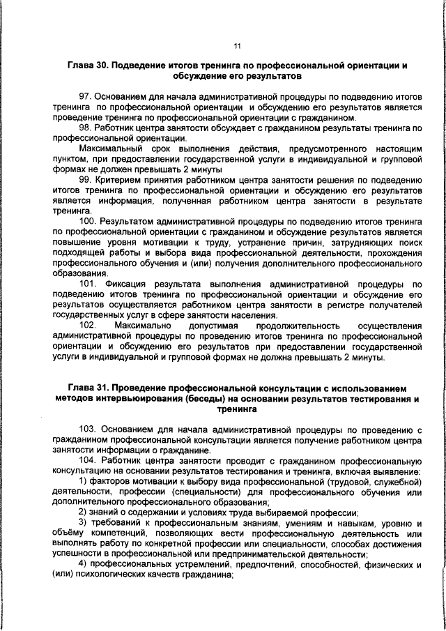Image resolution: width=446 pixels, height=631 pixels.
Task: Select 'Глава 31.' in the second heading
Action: coord(87,386)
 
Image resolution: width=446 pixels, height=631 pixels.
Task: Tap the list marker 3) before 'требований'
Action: coord(83,523)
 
